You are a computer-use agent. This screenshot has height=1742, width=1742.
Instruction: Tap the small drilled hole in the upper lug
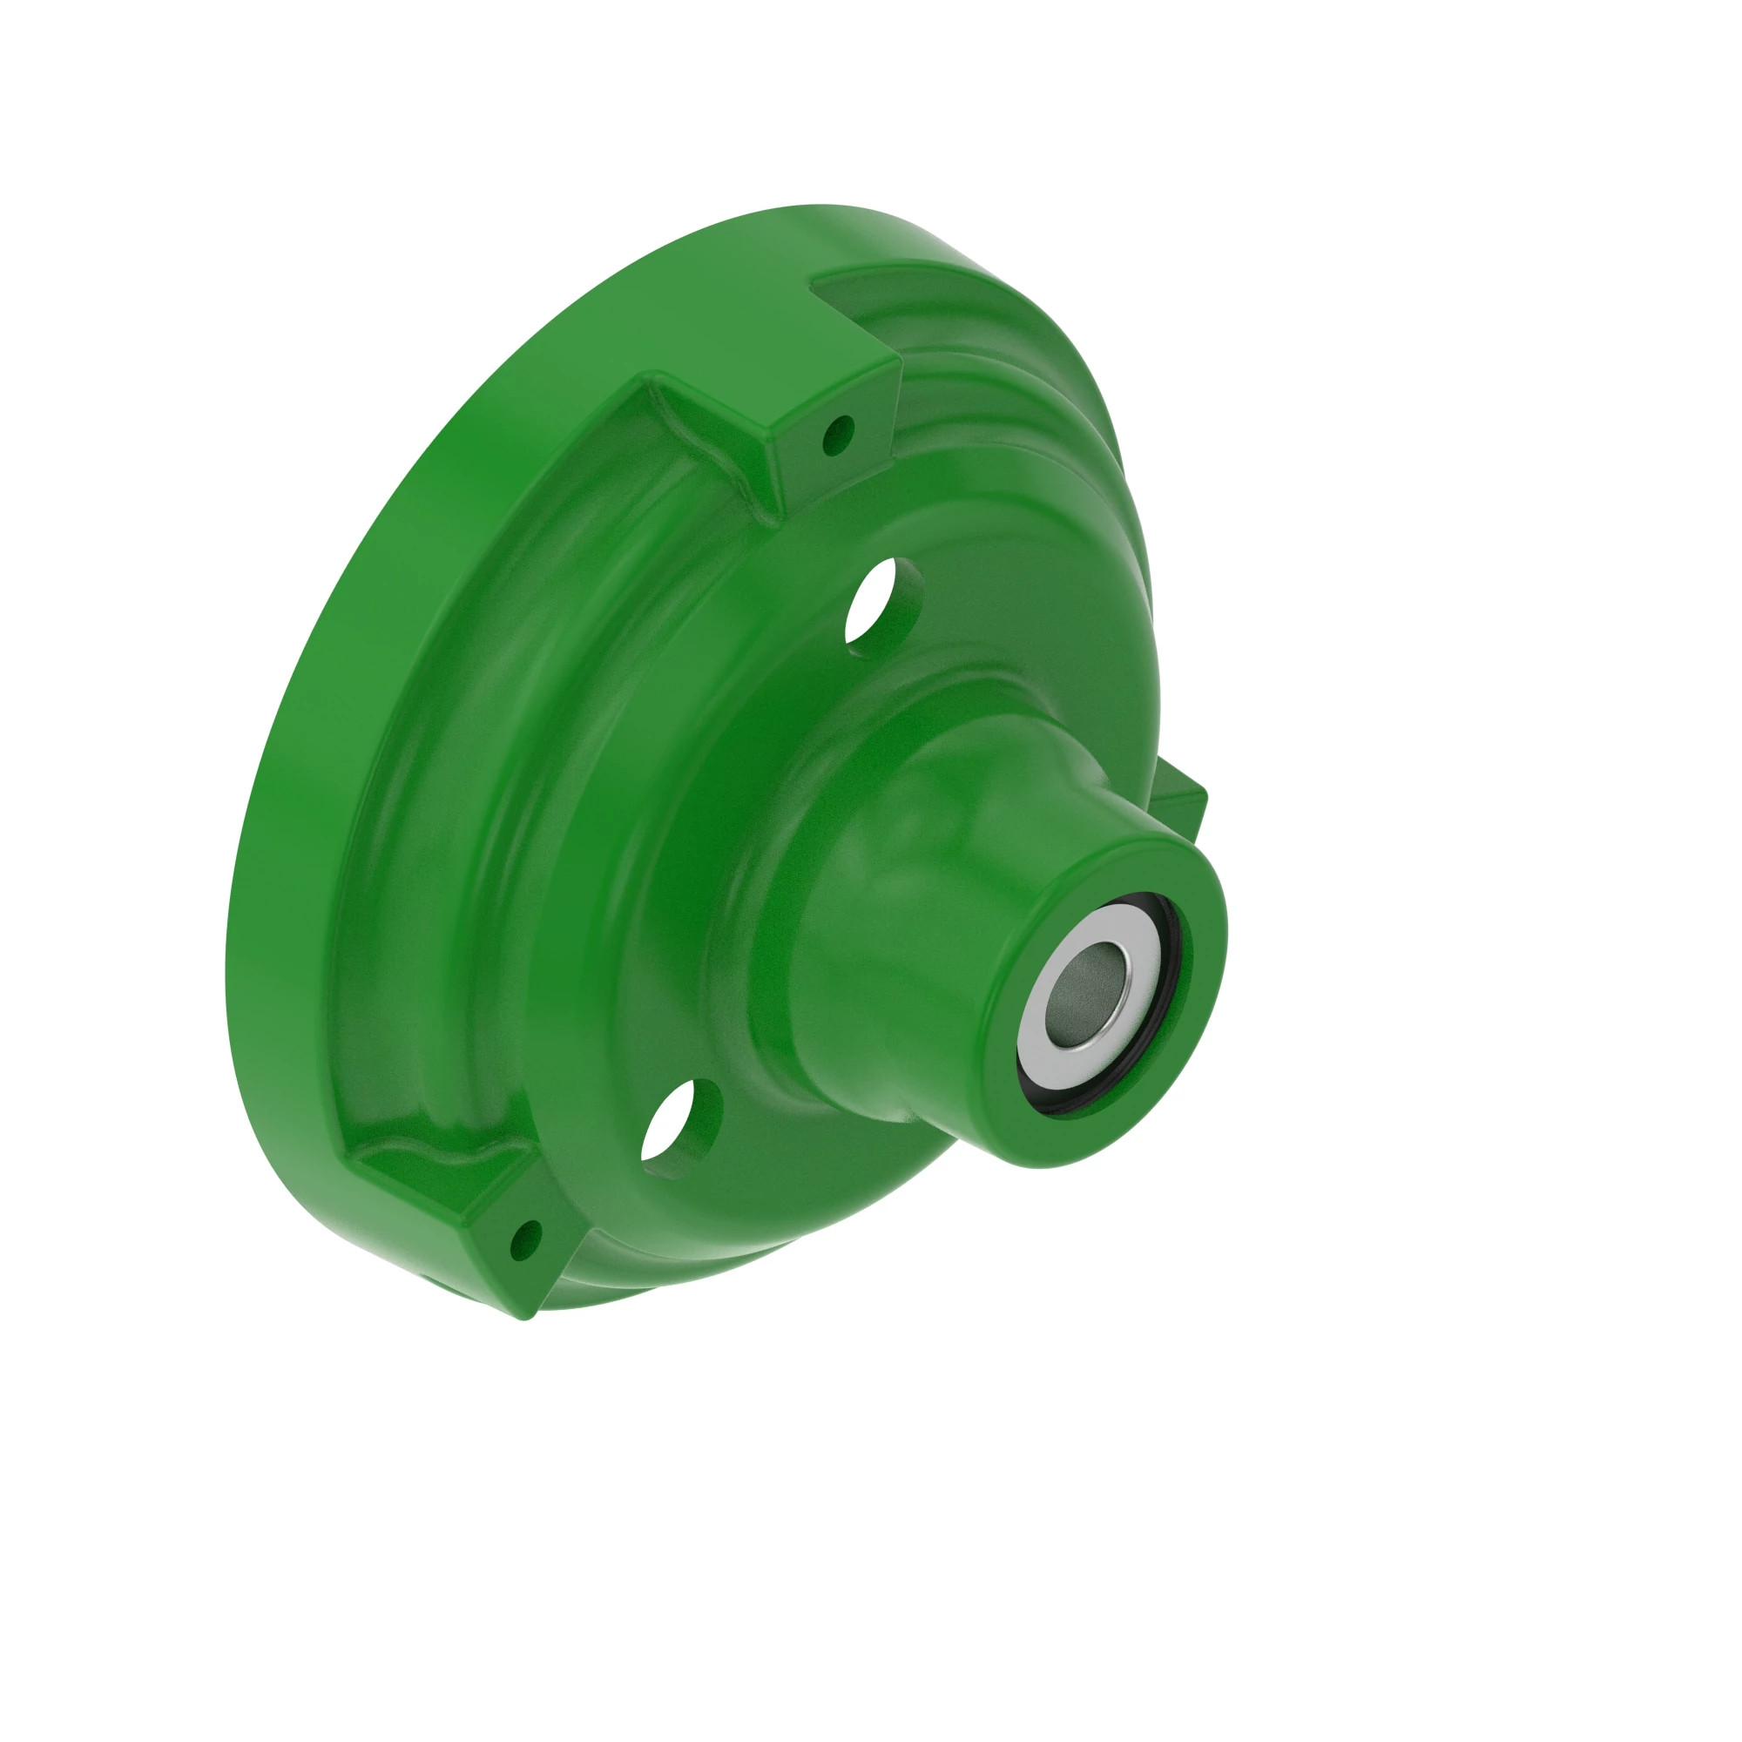tap(840, 435)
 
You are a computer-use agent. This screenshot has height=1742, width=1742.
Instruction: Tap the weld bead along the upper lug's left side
tap(712, 451)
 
